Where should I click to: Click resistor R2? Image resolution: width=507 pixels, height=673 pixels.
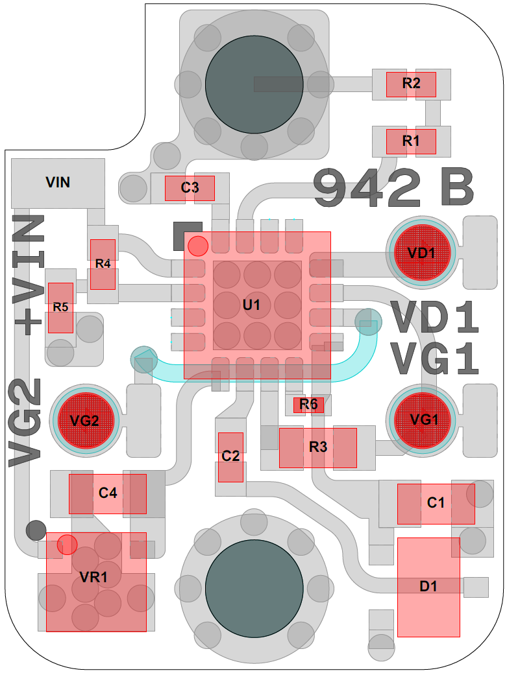tap(411, 84)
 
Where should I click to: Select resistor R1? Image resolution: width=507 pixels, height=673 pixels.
tap(411, 141)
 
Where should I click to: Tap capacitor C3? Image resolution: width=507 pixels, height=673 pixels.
tap(190, 188)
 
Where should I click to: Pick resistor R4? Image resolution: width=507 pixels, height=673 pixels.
tap(103, 264)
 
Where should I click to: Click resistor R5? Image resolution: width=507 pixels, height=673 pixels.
tap(60, 307)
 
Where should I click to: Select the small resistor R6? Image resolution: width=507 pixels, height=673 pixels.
tap(308, 405)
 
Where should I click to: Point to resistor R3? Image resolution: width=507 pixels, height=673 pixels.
tap(318, 447)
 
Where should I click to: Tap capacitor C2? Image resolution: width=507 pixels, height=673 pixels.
tap(230, 457)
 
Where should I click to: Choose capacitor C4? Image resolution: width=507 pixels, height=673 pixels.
tap(108, 493)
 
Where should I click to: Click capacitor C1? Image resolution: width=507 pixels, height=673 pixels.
tap(436, 503)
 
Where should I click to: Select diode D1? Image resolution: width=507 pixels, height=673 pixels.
tap(428, 587)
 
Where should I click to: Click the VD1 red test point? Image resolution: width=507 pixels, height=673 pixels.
tap(422, 253)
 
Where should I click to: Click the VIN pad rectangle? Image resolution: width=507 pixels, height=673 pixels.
tap(58, 183)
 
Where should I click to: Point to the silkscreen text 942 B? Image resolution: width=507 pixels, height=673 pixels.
tap(393, 188)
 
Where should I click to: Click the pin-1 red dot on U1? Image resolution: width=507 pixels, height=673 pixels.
tap(197, 246)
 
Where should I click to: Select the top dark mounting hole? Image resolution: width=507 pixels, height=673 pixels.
tap(254, 83)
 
